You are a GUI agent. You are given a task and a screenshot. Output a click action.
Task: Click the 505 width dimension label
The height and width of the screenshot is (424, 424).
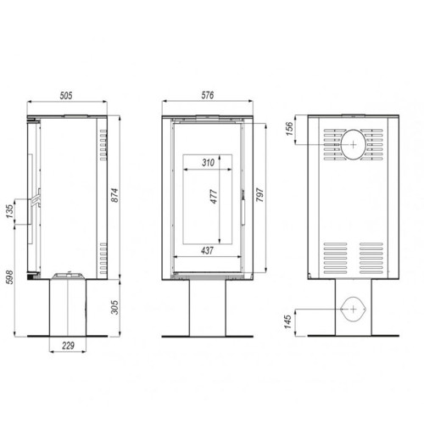(66, 96)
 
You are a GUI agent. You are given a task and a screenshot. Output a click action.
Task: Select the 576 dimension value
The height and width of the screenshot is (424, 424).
(208, 95)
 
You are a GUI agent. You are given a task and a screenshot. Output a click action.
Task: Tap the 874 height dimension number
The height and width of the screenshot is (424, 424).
(114, 195)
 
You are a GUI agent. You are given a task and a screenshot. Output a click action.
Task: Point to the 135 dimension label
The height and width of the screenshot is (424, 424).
(10, 211)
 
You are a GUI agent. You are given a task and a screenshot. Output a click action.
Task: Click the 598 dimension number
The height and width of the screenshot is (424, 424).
(9, 277)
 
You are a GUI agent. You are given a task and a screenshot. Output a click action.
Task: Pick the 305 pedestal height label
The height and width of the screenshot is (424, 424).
(114, 307)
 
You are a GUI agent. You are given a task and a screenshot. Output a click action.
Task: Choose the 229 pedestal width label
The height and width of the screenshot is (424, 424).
(68, 345)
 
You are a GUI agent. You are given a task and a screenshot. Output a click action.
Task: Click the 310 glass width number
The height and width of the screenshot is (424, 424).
(208, 163)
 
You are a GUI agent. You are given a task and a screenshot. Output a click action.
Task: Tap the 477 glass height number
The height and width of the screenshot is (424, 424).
(214, 197)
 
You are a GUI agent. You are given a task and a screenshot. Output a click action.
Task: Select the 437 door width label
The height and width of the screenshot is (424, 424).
(207, 250)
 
